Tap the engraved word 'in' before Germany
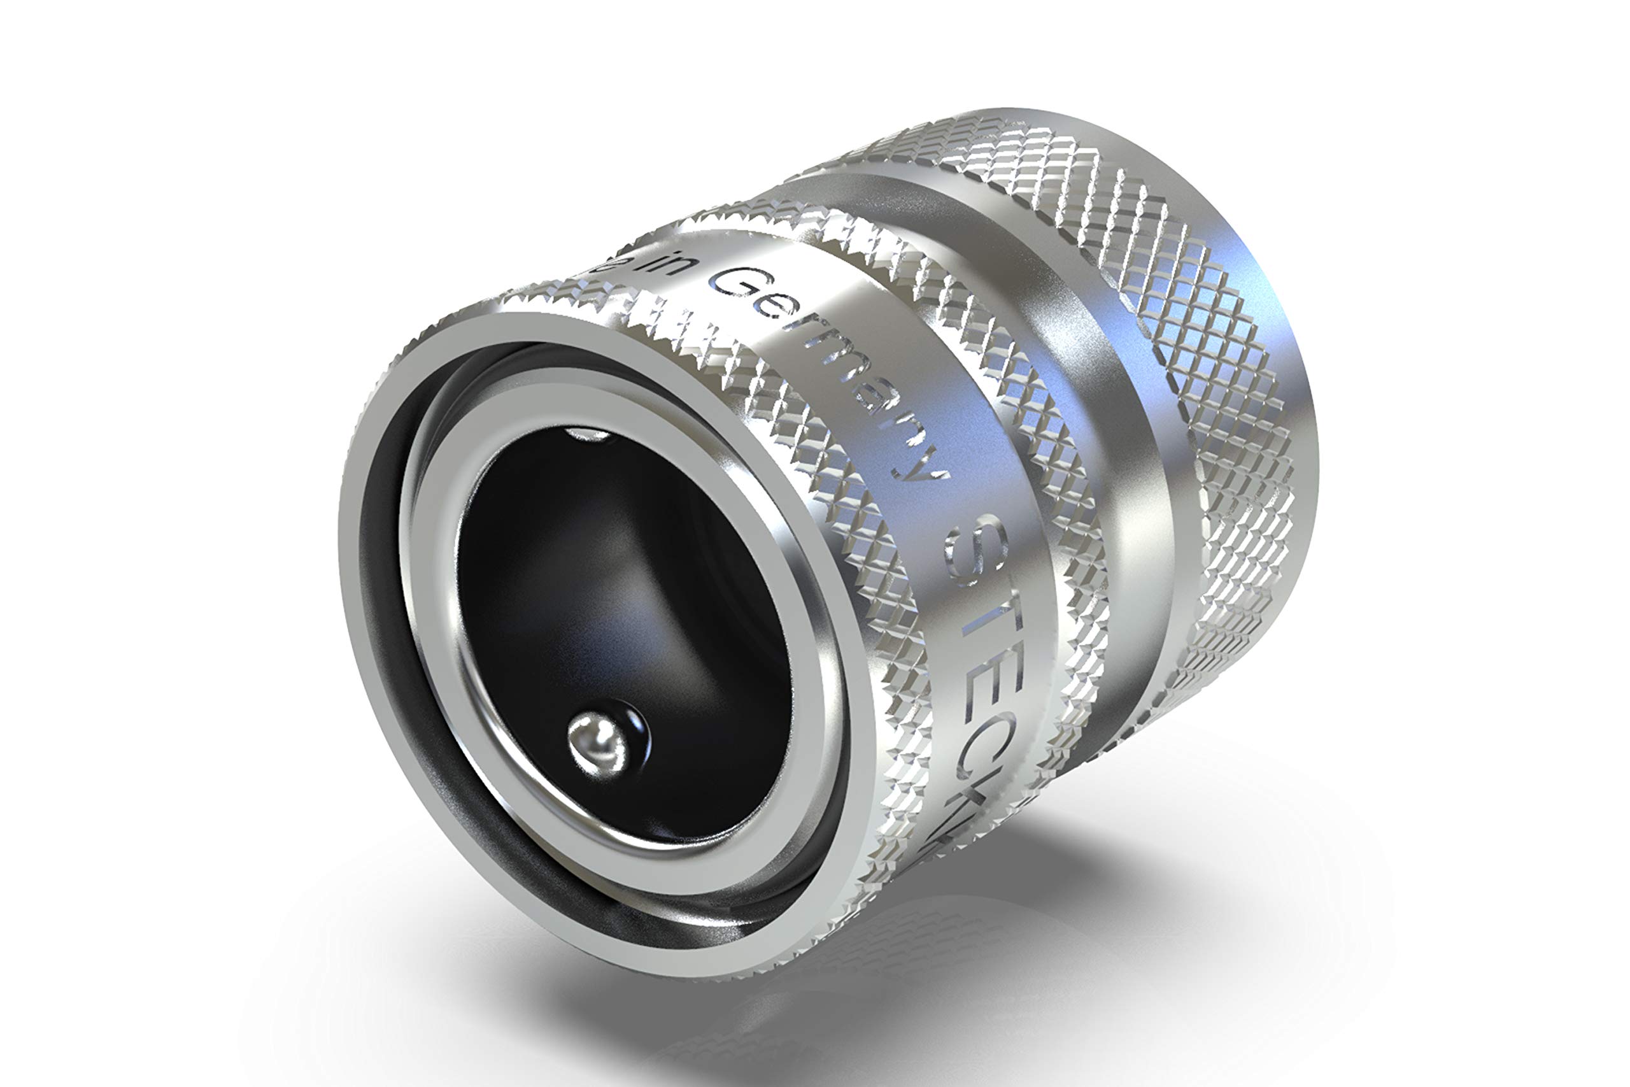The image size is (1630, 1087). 666,266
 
